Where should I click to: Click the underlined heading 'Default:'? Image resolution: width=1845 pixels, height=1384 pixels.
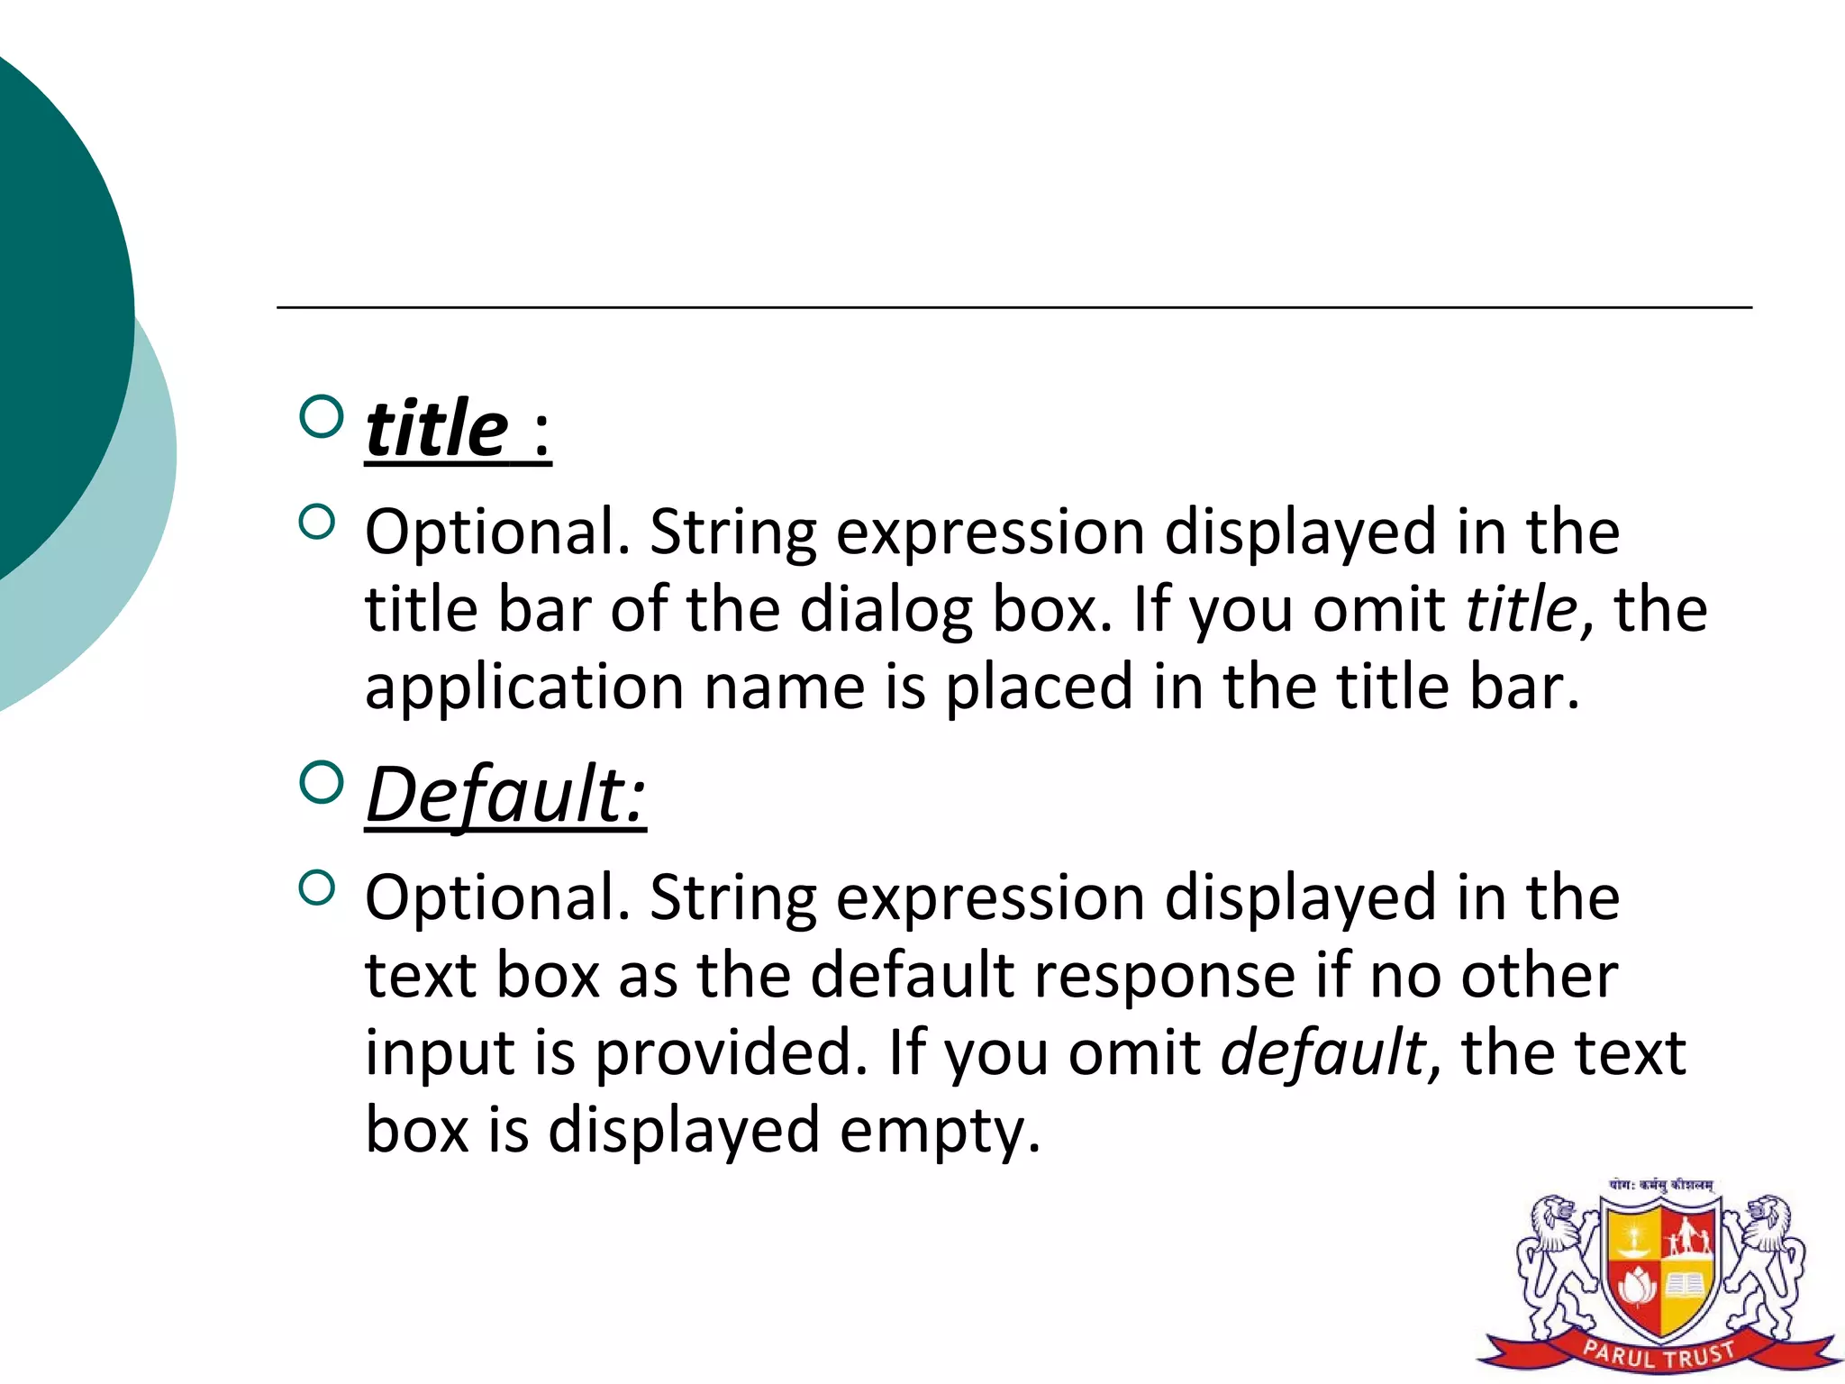click(505, 795)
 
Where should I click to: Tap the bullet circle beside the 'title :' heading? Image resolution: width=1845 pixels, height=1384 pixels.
click(321, 416)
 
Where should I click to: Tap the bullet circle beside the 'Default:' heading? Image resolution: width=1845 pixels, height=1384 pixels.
click(321, 782)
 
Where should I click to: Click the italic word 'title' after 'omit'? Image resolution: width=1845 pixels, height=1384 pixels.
click(1521, 609)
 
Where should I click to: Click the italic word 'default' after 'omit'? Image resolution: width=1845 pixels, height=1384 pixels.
click(1322, 1052)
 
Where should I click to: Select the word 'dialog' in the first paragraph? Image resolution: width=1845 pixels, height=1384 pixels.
click(886, 611)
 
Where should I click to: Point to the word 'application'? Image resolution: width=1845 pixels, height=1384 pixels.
click(524, 688)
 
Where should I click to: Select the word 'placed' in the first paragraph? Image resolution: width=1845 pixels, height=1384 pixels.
click(1038, 688)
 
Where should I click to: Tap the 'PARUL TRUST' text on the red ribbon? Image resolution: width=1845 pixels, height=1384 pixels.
click(1659, 1354)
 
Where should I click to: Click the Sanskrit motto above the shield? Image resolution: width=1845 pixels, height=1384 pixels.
click(1660, 1186)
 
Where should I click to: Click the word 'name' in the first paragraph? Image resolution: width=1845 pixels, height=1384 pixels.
click(784, 688)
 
